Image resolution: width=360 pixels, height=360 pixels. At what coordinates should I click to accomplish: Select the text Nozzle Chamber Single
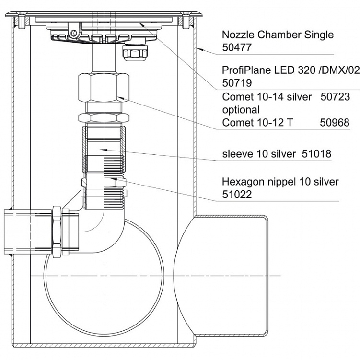[x=278, y=35]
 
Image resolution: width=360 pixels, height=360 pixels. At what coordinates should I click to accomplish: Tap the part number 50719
[x=237, y=83]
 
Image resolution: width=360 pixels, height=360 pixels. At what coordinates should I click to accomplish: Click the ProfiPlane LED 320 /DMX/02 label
[x=290, y=70]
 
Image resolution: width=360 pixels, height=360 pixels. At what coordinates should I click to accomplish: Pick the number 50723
[x=335, y=97]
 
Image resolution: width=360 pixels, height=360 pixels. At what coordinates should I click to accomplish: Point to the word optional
[x=241, y=110]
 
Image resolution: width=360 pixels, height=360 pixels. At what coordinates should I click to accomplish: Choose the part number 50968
[x=335, y=123]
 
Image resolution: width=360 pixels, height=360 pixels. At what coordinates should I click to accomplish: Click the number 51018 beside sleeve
[x=316, y=154]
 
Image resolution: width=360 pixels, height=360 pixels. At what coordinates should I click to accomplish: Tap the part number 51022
[x=237, y=195]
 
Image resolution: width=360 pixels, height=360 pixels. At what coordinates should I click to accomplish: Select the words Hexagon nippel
[x=259, y=182]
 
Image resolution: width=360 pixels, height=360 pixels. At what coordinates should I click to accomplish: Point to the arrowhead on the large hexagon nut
[x=121, y=98]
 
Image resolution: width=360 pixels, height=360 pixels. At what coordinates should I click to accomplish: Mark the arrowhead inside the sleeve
[x=104, y=150]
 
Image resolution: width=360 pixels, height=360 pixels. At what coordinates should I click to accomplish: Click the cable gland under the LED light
[x=135, y=53]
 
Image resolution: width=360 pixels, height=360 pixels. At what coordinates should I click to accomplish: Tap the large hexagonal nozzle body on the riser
[x=104, y=87]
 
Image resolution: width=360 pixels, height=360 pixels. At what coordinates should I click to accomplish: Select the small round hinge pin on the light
[x=74, y=33]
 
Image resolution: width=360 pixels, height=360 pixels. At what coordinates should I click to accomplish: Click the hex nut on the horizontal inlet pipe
[x=57, y=232]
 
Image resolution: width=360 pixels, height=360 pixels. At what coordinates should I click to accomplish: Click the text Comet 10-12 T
[x=257, y=123]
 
